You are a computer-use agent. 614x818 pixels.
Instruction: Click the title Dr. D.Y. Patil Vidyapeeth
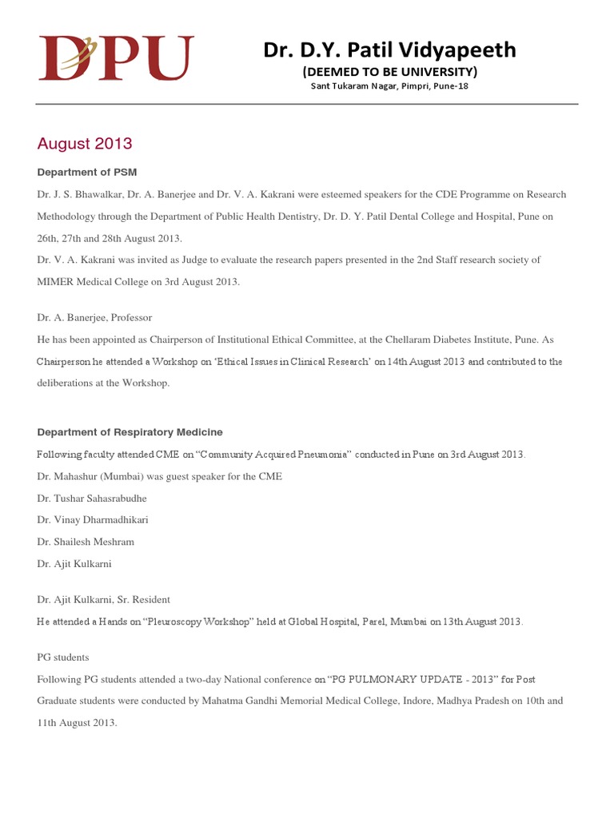point(390,51)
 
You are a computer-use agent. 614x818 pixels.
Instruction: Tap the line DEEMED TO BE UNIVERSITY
point(389,72)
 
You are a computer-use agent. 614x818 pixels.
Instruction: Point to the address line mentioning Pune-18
point(389,86)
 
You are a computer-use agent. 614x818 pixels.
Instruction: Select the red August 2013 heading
point(85,145)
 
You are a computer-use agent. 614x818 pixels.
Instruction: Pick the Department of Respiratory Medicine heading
point(130,432)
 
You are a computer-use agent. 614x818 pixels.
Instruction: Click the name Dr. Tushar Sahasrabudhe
point(92,498)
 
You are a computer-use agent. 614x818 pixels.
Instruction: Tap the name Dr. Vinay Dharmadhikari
point(93,520)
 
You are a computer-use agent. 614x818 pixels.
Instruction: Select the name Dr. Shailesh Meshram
point(86,542)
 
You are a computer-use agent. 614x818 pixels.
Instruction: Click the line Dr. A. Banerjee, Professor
point(94,318)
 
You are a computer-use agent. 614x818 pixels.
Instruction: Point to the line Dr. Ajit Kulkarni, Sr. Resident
point(104,599)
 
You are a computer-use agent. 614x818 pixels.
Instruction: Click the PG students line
point(63,657)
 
